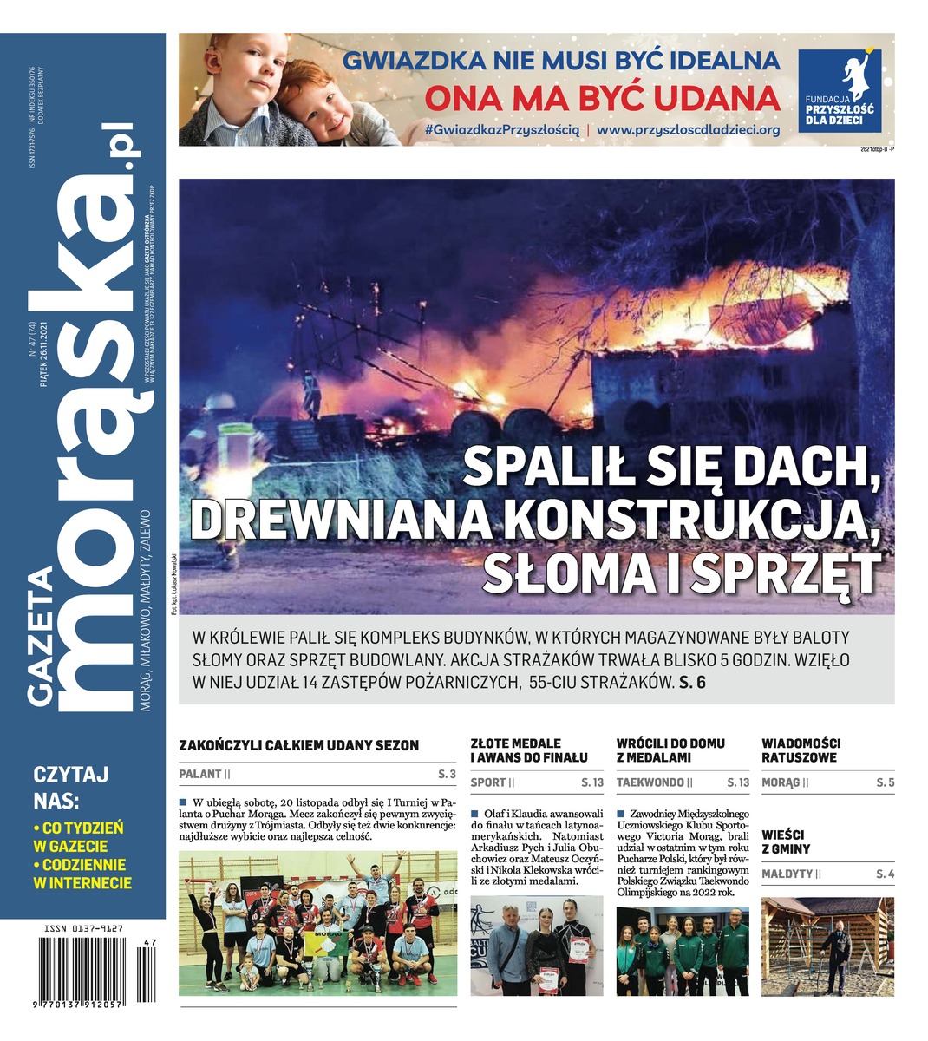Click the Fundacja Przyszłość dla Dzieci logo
point(839,89)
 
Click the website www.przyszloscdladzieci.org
point(689,129)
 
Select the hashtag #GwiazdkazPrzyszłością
point(501,129)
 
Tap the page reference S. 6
point(692,683)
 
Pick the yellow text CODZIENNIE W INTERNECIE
point(82,874)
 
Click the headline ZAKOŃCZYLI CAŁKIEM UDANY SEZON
point(298,745)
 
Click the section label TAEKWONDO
point(650,782)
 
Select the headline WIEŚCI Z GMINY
point(786,841)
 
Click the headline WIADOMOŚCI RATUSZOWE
point(801,750)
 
